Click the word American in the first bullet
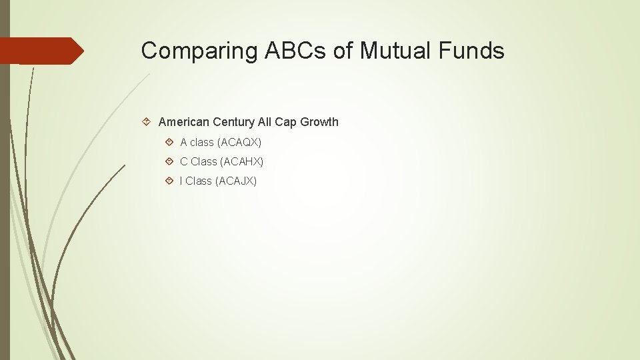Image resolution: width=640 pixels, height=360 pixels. pos(184,122)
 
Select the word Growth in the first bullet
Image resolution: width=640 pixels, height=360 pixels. pos(319,122)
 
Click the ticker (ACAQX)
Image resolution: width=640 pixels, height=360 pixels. pos(239,142)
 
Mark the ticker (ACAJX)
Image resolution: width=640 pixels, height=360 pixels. pos(236,181)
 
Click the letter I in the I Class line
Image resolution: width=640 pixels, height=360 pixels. pos(181,181)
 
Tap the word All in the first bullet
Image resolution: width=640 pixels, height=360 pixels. pos(265,122)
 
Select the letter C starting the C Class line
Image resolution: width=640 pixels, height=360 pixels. pos(184,161)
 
